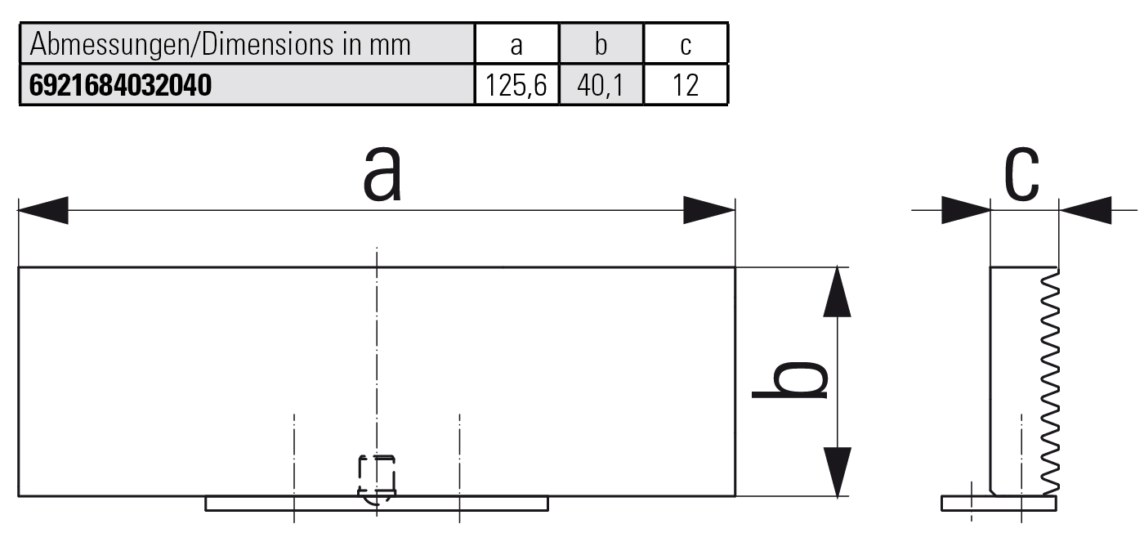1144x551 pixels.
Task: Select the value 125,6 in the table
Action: pyautogui.click(x=516, y=85)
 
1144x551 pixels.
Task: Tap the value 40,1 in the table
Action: pyautogui.click(x=601, y=85)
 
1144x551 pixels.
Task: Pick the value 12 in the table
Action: pyautogui.click(x=686, y=85)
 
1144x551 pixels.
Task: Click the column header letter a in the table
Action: pyautogui.click(x=516, y=45)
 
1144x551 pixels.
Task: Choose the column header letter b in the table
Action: pyautogui.click(x=601, y=45)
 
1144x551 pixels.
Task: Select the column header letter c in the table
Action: pyautogui.click(x=686, y=45)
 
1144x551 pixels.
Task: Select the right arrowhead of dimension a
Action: pyautogui.click(x=709, y=210)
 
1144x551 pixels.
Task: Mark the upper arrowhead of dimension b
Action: pyautogui.click(x=837, y=292)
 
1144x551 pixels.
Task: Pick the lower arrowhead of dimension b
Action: pyautogui.click(x=837, y=472)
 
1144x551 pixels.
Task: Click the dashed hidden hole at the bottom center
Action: pyautogui.click(x=377, y=477)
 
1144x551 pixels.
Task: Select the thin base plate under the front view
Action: pyautogui.click(x=376, y=504)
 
